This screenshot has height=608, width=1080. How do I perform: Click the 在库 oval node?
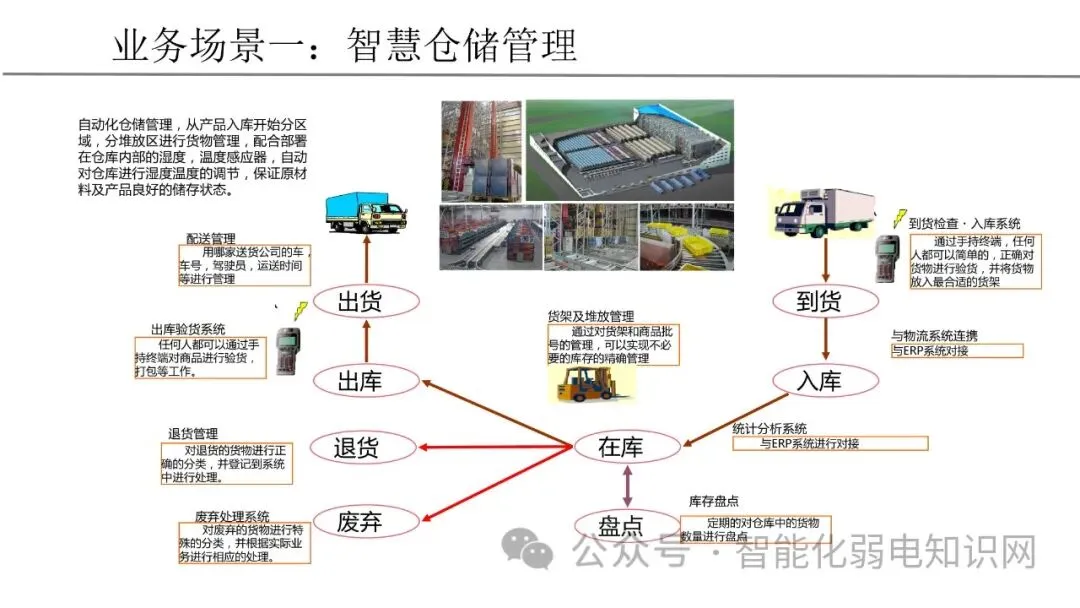point(622,447)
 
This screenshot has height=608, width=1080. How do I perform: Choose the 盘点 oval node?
point(622,524)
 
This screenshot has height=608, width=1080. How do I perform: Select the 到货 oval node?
point(823,300)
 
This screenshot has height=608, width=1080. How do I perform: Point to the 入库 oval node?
point(823,381)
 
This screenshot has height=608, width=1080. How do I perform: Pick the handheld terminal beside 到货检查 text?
point(886,258)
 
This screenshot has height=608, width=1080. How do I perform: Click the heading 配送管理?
point(211,239)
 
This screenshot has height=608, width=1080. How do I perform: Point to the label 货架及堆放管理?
point(591,316)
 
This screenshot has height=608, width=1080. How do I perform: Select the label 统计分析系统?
point(770,428)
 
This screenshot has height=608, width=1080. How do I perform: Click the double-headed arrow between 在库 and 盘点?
point(627,486)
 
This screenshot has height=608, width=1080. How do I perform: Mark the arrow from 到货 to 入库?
point(824,340)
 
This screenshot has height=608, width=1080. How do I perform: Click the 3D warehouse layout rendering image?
point(630,150)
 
